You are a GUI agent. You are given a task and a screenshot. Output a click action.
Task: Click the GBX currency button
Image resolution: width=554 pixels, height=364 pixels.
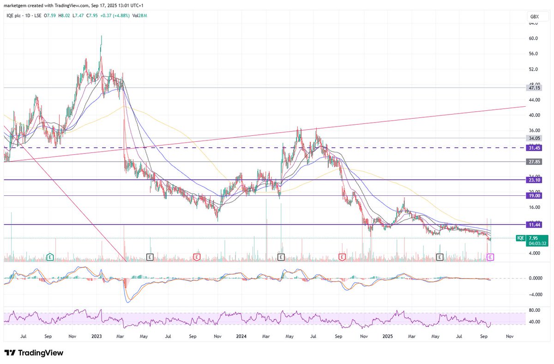pos(535,17)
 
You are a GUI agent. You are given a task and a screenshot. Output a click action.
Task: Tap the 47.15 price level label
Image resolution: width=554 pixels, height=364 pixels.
pos(535,87)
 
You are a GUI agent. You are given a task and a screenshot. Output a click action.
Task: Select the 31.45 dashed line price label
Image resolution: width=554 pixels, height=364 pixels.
pos(535,148)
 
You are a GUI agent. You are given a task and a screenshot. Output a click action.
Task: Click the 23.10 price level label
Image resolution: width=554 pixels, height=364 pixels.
pos(535,180)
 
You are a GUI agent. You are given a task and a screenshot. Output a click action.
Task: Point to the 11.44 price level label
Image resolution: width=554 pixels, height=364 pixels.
pos(535,224)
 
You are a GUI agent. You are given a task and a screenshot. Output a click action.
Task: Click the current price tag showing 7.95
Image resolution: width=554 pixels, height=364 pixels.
pos(534,238)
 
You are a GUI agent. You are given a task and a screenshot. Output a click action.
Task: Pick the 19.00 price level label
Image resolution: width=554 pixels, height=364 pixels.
pos(535,196)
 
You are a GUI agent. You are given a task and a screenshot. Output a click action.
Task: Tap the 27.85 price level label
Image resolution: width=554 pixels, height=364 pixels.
pos(535,162)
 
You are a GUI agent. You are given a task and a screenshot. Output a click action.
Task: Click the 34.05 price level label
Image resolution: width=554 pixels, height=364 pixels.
pos(535,138)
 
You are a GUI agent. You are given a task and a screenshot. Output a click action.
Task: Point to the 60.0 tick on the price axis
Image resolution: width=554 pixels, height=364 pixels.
pos(534,38)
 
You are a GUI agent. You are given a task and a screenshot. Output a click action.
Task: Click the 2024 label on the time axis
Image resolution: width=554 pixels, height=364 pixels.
pos(241,337)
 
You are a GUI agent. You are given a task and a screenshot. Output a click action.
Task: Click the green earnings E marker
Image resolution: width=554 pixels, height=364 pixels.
pos(50,256)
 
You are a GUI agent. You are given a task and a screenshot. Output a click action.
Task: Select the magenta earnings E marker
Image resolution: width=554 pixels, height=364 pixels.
pos(491,256)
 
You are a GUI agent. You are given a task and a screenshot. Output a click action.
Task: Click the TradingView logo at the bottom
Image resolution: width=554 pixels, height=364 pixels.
pos(34,353)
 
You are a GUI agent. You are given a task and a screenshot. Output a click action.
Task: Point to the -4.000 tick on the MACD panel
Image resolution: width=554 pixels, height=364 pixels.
pos(535,294)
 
